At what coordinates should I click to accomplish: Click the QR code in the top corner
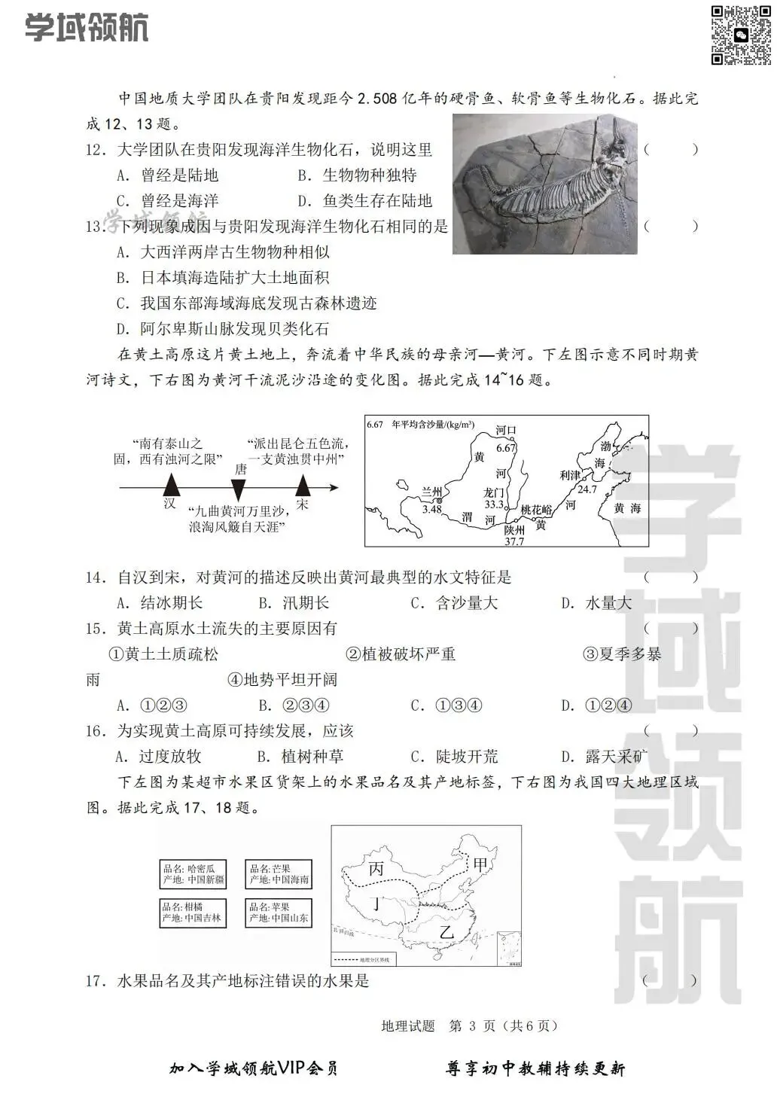click(x=741, y=35)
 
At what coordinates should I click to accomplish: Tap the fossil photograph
click(x=544, y=184)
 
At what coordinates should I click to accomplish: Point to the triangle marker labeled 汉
click(x=172, y=485)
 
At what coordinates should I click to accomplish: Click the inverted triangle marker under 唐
click(x=239, y=489)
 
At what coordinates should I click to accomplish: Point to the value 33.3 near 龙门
click(x=494, y=504)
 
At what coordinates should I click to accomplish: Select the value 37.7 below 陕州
click(x=514, y=541)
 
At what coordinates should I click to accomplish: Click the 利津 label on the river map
click(x=570, y=475)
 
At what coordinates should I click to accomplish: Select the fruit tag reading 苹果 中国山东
click(x=279, y=913)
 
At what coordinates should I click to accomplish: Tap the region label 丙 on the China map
click(x=376, y=869)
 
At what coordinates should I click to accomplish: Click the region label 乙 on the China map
click(x=447, y=932)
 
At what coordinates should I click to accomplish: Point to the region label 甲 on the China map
click(x=480, y=865)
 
